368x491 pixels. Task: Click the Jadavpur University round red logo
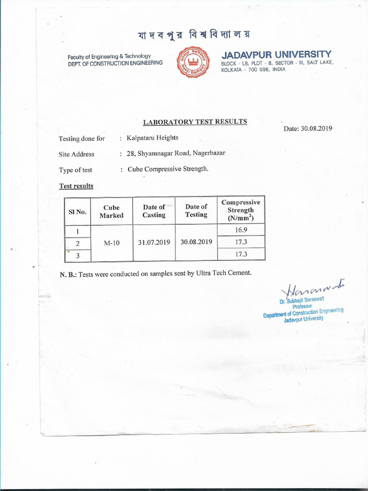[194, 62]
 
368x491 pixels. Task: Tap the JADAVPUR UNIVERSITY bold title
[276, 54]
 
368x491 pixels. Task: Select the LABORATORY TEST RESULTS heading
[195, 122]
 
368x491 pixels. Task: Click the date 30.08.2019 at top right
[308, 129]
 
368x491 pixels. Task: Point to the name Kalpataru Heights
[152, 138]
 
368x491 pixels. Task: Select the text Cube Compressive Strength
[168, 169]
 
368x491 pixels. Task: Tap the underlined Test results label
[76, 186]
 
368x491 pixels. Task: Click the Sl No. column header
[77, 211]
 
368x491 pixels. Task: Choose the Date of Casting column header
[154, 211]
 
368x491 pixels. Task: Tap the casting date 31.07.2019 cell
[154, 242]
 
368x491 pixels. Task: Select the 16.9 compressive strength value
[241, 230]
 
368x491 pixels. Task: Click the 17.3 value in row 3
[241, 255]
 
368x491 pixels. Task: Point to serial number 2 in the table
[77, 243]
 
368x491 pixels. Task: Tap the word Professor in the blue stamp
[302, 306]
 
